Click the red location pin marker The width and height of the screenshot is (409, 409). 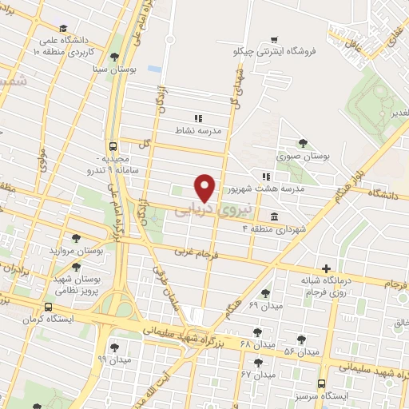click(206, 188)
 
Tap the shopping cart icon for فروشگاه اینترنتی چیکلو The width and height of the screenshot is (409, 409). click(274, 39)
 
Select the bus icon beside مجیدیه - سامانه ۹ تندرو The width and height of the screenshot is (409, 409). click(113, 146)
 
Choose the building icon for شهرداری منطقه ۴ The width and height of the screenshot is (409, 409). click(274, 216)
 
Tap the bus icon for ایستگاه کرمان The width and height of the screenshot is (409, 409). click(49, 307)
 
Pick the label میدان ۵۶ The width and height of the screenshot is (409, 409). click(300, 351)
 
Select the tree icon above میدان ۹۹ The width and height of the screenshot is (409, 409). click(114, 347)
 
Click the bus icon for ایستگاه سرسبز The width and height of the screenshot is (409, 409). click(321, 383)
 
